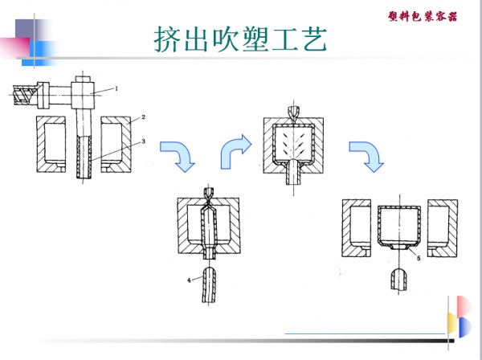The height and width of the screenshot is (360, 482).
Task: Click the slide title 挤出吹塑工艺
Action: tap(241, 39)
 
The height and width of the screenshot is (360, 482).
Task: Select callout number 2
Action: tap(142, 117)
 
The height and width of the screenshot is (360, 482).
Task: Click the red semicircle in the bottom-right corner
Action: tap(464, 305)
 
